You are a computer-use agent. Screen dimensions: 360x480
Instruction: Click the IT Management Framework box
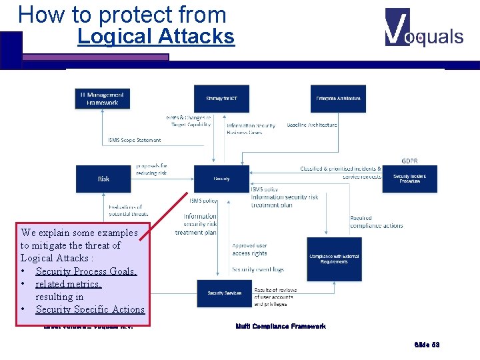pos(103,98)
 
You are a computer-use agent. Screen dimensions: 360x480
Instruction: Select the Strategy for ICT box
pos(221,98)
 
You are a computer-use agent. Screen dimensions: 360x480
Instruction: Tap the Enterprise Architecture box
pos(338,98)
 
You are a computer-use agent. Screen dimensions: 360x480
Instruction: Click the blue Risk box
pos(103,179)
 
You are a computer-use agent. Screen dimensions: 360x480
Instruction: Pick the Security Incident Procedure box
pos(409,179)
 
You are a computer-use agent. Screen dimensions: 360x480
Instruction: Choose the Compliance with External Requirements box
pos(334,259)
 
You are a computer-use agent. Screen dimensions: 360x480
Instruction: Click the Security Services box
pos(224,293)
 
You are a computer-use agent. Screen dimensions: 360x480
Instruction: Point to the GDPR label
pos(409,161)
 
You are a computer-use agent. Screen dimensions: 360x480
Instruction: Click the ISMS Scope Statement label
pos(134,141)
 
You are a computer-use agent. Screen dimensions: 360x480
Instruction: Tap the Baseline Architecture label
pos(311,125)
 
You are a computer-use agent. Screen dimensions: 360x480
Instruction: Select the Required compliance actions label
pos(377,222)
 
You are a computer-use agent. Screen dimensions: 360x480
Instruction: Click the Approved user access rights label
pos(249,249)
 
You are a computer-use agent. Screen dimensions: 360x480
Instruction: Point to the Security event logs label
pos(258,269)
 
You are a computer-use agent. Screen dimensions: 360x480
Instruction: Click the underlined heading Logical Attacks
pos(156,37)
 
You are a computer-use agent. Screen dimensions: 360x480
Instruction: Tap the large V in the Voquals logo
pos(397,27)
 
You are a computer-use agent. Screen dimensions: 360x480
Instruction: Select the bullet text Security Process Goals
pos(86,271)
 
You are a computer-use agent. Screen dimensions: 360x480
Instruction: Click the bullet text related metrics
pos(68,284)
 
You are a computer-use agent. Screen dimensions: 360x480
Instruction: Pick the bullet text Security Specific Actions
pos(90,309)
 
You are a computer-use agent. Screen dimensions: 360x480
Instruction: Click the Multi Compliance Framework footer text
pos(281,326)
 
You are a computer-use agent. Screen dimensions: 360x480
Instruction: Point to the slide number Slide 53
pos(427,345)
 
